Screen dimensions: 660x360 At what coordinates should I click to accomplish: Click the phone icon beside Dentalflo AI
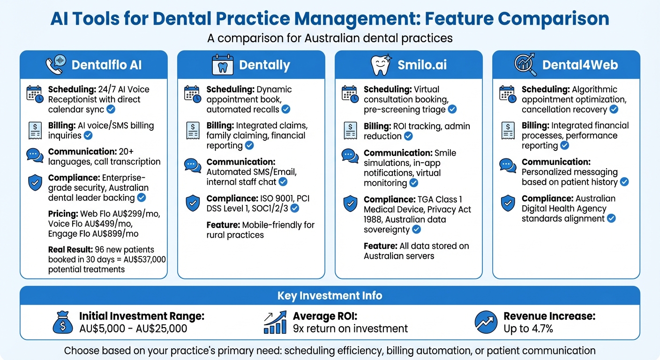pos(56,64)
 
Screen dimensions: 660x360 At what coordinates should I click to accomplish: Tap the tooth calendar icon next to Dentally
pos(223,65)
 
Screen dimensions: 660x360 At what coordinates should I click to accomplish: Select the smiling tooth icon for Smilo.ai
pos(381,65)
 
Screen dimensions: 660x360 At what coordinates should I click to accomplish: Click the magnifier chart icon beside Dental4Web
pos(525,65)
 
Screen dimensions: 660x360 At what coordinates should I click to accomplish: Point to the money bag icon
pos(63,322)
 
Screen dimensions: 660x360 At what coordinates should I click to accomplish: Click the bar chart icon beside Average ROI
pos(275,322)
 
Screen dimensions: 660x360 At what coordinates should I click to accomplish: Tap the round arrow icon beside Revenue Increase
pos(486,322)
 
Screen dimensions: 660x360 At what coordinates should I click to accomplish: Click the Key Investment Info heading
pos(330,295)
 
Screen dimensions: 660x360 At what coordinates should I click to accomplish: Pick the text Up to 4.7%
pos(528,329)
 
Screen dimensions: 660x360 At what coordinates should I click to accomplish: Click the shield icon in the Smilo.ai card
pos(350,203)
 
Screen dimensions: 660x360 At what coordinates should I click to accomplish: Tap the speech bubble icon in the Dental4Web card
pos(508,165)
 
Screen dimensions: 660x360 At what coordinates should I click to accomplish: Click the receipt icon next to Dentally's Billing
pos(193,130)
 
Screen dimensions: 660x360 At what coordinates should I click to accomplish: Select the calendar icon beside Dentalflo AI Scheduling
pos(35,94)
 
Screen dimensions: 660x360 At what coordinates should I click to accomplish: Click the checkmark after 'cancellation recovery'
pos(614,109)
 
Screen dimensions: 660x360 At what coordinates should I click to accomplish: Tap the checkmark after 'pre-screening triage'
pos(452,109)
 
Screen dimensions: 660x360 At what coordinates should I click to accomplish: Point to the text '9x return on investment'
pos(350,329)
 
